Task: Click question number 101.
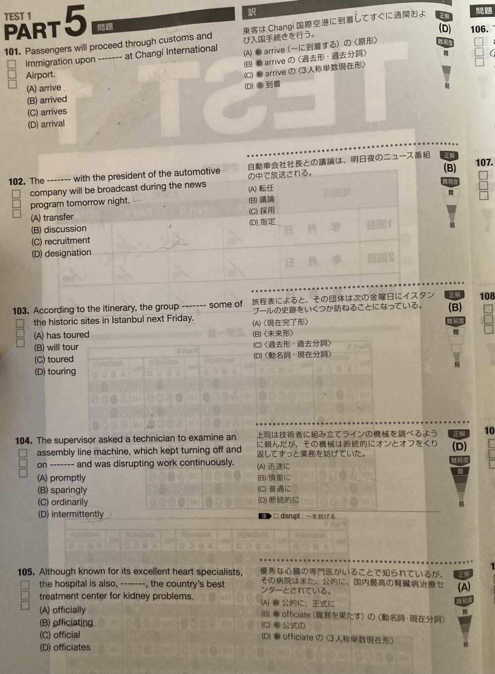pos(13,51)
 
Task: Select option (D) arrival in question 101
pos(46,124)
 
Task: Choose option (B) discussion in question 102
pos(58,229)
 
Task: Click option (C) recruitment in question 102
pos(60,241)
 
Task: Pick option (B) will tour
pos(56,347)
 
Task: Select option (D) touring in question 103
pos(55,371)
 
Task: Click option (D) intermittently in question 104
pos(71,514)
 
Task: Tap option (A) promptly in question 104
pos(61,478)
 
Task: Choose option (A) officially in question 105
pos(62,610)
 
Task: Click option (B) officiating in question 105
pos(66,622)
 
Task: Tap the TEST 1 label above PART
pos(17,16)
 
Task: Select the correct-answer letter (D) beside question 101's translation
pos(445,28)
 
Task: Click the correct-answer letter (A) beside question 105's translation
pos(464,587)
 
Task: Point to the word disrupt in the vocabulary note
pos(291,516)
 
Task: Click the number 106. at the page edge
pos(479,29)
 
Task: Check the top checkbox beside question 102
pos(16,194)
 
